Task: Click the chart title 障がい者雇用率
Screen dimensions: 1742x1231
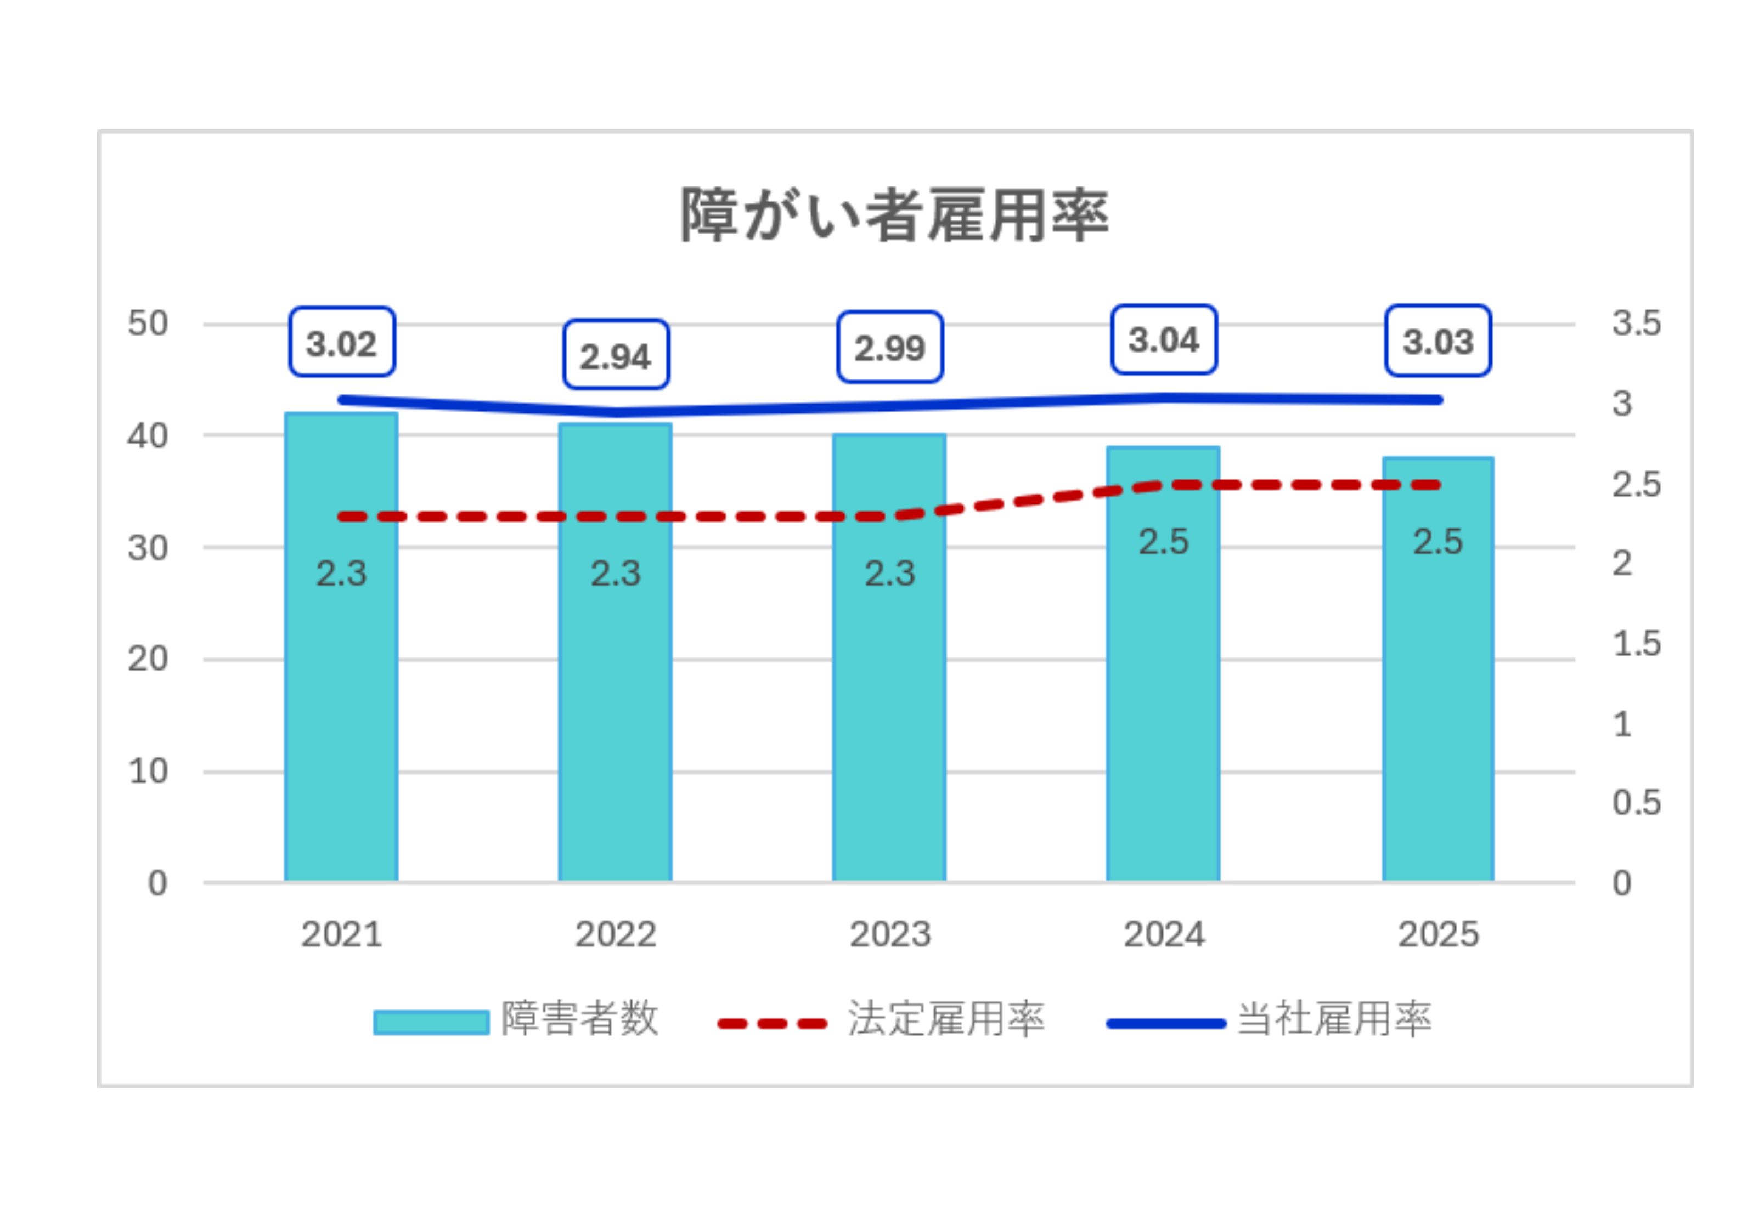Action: (894, 215)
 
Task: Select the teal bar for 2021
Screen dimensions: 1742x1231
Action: (341, 646)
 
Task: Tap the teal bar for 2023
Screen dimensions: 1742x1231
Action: (889, 657)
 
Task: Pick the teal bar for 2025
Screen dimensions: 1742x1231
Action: (1437, 668)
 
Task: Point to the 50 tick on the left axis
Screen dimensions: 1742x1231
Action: (148, 324)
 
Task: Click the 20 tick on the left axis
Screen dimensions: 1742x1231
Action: (148, 659)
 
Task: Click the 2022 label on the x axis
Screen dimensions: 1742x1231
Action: (615, 934)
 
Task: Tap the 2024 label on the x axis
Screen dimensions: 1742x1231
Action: (1164, 934)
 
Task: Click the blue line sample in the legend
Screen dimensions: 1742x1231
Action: (1166, 1023)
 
